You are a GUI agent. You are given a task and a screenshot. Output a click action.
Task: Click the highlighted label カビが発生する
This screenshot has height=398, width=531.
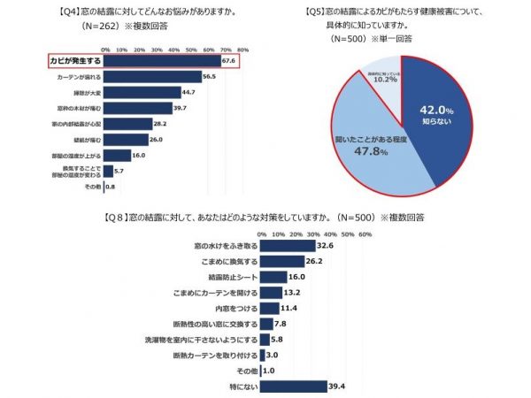[x=73, y=61]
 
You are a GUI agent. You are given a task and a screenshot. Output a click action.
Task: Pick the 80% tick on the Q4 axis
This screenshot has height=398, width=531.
[x=242, y=49]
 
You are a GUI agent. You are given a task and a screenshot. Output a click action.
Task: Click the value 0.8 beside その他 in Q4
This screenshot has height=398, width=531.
[x=111, y=187]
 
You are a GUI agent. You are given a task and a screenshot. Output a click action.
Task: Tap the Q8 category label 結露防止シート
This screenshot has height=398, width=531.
[x=234, y=276]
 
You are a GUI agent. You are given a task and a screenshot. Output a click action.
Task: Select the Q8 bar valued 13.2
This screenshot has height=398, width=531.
[x=271, y=292]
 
